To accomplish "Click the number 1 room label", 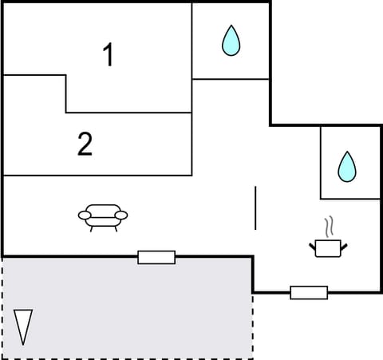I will tap(109, 55).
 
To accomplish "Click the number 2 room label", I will tap(85, 144).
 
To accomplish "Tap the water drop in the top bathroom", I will tap(231, 41).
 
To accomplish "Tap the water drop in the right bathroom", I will tap(347, 166).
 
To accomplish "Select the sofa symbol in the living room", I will tap(103, 215).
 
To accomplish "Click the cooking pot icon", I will tap(327, 247).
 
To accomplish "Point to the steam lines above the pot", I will tap(328, 226).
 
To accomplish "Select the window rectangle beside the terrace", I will tap(156, 257).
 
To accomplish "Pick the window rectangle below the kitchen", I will tap(309, 292).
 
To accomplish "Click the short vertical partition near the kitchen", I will tap(255, 208).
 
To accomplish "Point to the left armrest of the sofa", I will tap(83, 214).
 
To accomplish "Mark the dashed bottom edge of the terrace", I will tap(128, 356).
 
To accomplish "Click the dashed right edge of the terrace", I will tap(253, 327).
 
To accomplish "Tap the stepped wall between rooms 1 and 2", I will tap(65, 93).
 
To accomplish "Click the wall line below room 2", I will tap(96, 175).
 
